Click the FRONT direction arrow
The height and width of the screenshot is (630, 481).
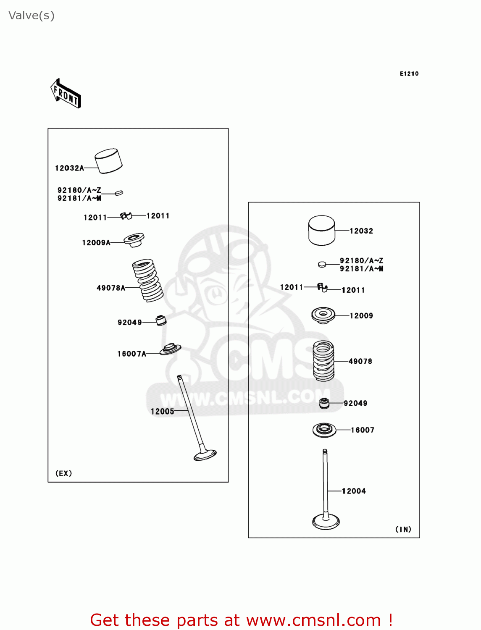[66, 94]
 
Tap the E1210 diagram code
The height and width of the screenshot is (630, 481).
[409, 74]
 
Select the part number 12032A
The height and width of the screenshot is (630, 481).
[69, 168]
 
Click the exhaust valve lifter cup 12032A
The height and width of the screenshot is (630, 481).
[108, 161]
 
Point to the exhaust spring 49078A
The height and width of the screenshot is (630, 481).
[147, 280]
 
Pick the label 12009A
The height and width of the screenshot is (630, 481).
[96, 242]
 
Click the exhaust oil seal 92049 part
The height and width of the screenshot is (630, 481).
[161, 320]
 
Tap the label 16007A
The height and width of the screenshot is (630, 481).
[131, 354]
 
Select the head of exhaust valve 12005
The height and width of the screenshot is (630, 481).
[205, 455]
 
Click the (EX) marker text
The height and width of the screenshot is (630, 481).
[63, 473]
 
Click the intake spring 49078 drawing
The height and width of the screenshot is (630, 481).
[323, 361]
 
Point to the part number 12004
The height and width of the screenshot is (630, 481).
[354, 491]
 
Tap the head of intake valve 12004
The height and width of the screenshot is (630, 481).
[326, 522]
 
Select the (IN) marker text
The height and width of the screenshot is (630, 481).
[403, 529]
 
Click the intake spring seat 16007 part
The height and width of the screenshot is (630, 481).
[324, 430]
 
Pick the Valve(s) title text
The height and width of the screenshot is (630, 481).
[32, 16]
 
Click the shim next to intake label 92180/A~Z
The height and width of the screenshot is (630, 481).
[322, 264]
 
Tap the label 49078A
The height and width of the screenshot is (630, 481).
[111, 288]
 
